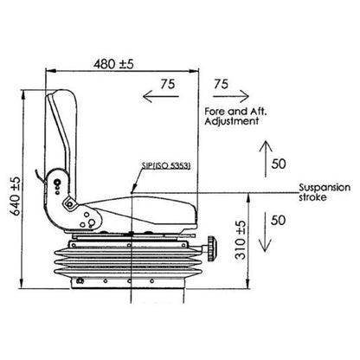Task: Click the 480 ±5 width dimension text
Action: click(x=113, y=64)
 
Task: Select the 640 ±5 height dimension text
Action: click(x=16, y=196)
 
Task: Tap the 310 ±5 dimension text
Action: click(x=241, y=240)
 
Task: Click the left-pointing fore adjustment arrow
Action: click(x=161, y=96)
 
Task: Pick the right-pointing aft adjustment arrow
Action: click(x=231, y=96)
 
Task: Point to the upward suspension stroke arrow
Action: click(x=266, y=158)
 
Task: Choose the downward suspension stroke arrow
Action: click(x=266, y=233)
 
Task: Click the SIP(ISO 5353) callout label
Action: click(x=166, y=166)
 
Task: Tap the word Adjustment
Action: click(x=232, y=121)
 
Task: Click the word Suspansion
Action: click(x=325, y=188)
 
